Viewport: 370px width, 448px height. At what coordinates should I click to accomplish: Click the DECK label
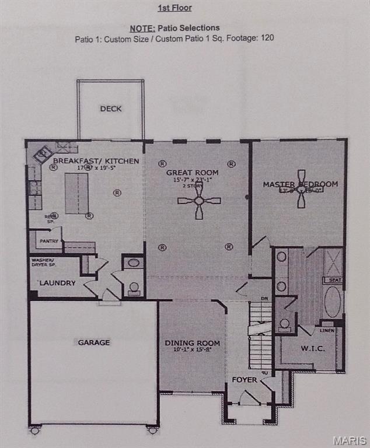click(110, 108)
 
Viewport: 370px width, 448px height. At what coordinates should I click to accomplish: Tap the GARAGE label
click(94, 342)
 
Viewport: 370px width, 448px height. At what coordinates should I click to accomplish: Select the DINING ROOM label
click(192, 343)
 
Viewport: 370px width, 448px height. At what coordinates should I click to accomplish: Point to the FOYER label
click(245, 380)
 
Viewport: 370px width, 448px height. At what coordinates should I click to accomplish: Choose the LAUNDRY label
click(57, 283)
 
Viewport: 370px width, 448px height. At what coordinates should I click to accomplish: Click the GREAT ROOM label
click(192, 173)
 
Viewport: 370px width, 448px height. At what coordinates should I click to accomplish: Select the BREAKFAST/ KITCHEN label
click(96, 160)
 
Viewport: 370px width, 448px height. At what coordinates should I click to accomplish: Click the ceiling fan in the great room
click(199, 201)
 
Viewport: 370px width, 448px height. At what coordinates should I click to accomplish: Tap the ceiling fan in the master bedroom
click(301, 189)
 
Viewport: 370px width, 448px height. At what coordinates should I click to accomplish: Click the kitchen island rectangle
click(76, 193)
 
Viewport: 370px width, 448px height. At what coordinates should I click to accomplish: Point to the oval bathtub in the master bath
click(333, 302)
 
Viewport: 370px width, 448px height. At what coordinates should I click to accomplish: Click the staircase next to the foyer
click(260, 335)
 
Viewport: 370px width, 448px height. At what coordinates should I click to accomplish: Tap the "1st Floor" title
click(174, 8)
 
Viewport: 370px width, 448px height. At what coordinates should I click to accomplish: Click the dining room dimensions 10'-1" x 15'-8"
click(192, 350)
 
